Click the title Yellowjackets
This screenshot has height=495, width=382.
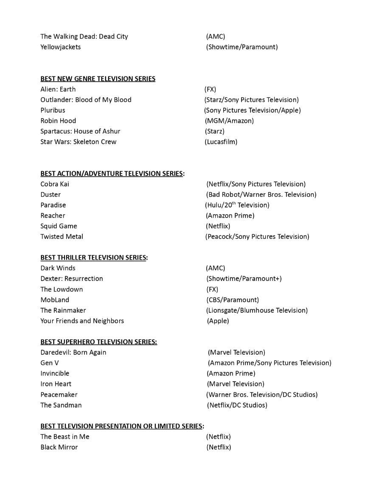coord(60,47)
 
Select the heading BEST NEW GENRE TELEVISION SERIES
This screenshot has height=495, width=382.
coord(98,79)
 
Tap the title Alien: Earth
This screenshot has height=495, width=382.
coord(58,89)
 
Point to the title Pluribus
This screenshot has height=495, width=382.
coord(53,110)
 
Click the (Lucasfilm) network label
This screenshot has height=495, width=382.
coord(221,141)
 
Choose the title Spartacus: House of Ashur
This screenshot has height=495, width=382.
coord(80,131)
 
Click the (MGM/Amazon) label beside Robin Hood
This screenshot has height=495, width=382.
coord(229,121)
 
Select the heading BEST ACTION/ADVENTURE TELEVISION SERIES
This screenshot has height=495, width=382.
coord(112,173)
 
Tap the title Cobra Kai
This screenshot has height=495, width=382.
coord(55,184)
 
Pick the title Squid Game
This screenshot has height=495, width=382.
coord(59,226)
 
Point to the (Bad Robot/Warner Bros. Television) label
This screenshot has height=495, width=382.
coord(261,195)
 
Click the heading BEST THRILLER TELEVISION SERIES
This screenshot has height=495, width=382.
coord(93,257)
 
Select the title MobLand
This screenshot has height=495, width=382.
coord(55,300)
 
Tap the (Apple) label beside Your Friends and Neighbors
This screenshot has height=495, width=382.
coord(218,321)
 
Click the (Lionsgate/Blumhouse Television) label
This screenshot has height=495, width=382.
coord(257,310)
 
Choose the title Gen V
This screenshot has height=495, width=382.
coord(50,363)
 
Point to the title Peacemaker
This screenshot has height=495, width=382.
coord(59,394)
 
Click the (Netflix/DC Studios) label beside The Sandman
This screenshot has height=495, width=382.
coord(237,405)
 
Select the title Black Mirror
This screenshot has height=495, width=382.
coord(59,447)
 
